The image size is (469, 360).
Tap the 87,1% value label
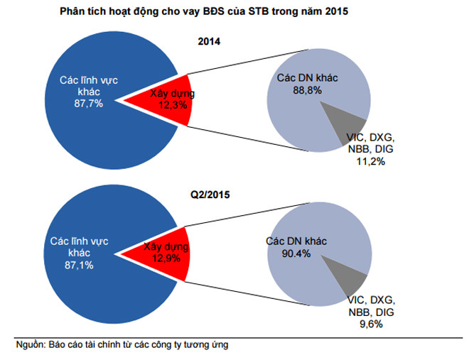pos(79,265)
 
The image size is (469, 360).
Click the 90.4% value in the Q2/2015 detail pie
pos(297,253)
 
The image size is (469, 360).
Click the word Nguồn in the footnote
pos(30,345)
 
